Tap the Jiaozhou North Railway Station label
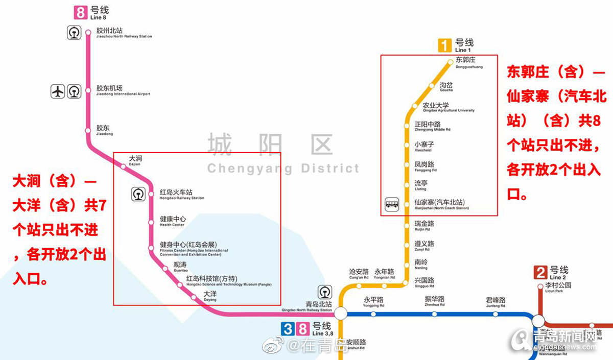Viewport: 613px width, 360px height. tap(124, 33)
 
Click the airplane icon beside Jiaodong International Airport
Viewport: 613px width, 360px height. tap(58, 91)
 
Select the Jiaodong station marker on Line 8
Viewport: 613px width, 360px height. tap(88, 131)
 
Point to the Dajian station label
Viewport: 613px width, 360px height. tap(135, 161)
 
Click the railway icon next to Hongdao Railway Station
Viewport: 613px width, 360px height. tap(138, 194)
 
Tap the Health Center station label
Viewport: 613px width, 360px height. tap(173, 221)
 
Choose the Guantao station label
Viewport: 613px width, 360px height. tap(181, 267)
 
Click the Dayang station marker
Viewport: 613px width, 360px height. tap(194, 297)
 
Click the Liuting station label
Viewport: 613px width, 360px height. tap(421, 185)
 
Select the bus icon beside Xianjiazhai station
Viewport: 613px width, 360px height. tap(392, 205)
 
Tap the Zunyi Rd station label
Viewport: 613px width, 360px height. tap(424, 246)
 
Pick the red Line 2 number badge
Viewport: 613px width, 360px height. tap(540, 272)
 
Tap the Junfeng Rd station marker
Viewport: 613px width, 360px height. tap(496, 314)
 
